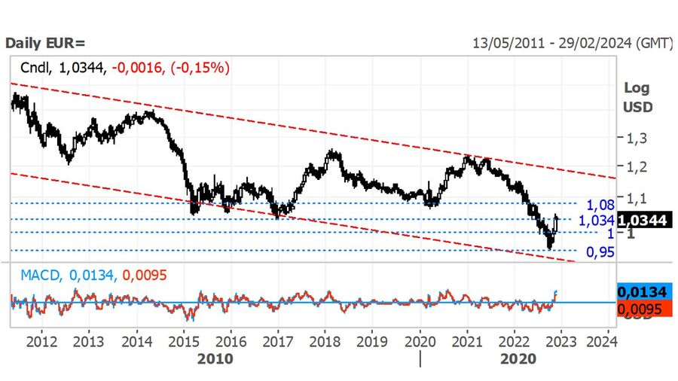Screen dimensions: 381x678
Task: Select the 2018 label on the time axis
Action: pos(325,340)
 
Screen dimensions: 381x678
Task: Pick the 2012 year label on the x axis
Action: pos(42,340)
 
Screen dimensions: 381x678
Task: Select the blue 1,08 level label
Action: pos(601,205)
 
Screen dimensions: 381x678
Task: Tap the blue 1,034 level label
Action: pos(597,220)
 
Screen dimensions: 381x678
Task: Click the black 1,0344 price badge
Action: pos(643,220)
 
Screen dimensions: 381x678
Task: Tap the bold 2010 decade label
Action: pos(215,358)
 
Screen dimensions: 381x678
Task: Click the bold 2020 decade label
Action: pos(518,358)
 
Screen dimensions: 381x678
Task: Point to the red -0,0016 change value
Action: pos(137,68)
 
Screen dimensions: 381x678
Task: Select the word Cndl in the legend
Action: pos(35,68)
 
